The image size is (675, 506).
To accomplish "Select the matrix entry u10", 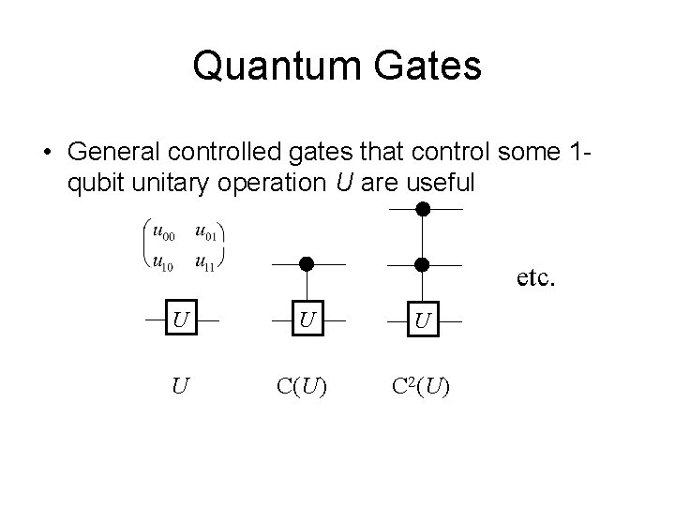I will tap(164, 262).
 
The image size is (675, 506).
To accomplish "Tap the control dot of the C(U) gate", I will tap(306, 264).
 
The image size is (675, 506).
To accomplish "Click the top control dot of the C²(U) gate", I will tap(423, 208).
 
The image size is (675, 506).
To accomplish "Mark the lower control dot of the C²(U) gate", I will tap(423, 264).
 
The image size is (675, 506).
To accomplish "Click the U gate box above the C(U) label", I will tap(306, 320).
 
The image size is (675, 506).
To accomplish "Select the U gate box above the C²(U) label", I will tap(423, 320).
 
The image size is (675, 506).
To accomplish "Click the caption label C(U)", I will tap(301, 384).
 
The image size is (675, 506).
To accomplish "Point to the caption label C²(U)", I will tap(419, 384).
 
